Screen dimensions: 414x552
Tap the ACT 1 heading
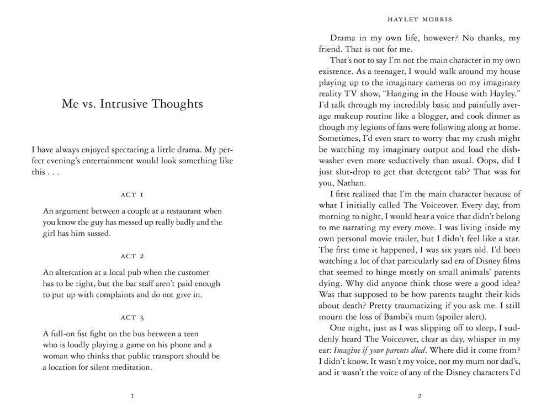click(x=132, y=195)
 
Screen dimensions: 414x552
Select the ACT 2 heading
click(x=132, y=256)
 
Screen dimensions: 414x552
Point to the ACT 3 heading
click(x=132, y=317)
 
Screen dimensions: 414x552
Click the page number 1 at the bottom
click(x=132, y=396)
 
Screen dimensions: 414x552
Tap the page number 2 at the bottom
click(x=420, y=396)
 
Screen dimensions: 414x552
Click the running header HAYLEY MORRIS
click(x=420, y=20)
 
